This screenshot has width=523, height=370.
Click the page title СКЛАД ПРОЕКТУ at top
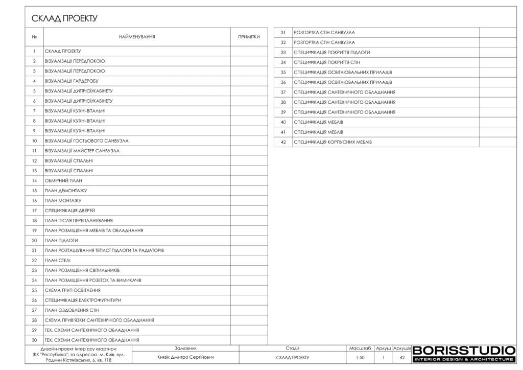[x=64, y=19]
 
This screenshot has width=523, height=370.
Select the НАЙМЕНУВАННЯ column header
[x=137, y=37]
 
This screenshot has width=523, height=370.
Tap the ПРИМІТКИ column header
[x=249, y=37]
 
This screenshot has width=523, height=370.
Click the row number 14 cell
[x=34, y=180]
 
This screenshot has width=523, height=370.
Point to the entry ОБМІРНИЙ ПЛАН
[x=63, y=180]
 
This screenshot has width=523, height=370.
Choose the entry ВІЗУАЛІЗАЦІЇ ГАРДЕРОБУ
[x=72, y=81]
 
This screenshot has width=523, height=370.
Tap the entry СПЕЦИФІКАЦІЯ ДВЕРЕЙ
[x=70, y=211]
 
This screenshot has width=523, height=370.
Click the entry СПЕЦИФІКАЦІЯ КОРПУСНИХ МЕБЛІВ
[x=332, y=142]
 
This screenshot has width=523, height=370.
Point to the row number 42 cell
[x=283, y=142]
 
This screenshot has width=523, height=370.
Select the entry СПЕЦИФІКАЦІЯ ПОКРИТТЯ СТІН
[x=327, y=62]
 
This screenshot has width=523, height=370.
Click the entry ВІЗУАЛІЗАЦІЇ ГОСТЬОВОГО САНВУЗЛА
[x=87, y=141]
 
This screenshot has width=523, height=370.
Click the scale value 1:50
[x=360, y=358]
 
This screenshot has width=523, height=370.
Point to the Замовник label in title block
[x=185, y=348]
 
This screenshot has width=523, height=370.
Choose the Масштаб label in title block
[x=360, y=348]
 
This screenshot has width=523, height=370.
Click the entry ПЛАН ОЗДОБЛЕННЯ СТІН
[x=72, y=310]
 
